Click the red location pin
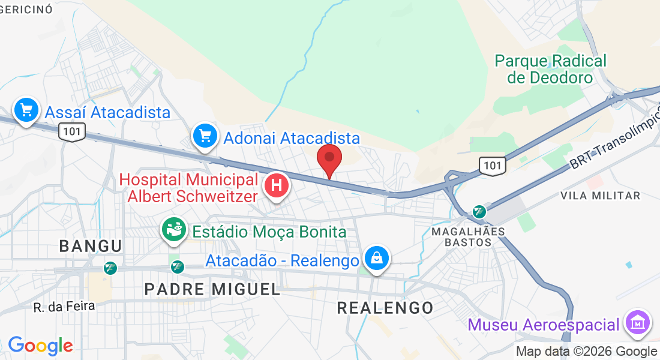(x=329, y=159)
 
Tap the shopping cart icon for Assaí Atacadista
(x=26, y=110)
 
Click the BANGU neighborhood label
(x=91, y=245)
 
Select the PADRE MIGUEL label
(x=212, y=289)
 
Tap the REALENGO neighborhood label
(x=385, y=308)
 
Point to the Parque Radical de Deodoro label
(x=550, y=69)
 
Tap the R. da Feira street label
(x=64, y=307)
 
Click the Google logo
(x=40, y=346)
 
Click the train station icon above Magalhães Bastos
(x=479, y=211)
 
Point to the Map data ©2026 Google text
(x=586, y=351)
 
